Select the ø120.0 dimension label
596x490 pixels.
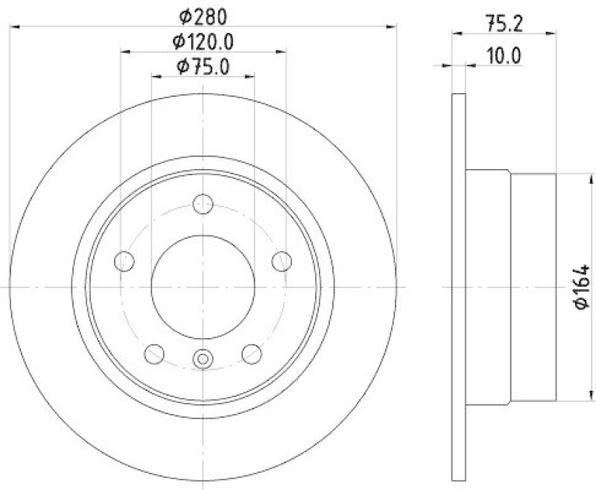pos(203,41)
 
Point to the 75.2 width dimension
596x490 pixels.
pos(504,22)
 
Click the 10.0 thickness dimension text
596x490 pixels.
pos(504,56)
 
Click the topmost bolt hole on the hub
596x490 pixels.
pos(203,203)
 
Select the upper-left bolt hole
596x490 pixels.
pos(124,261)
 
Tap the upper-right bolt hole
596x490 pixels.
pos(282,261)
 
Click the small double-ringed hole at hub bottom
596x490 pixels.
pos(203,360)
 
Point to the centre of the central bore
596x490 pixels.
pos(203,287)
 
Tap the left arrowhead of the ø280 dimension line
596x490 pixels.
pos(15,26)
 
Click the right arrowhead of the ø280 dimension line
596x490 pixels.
pos(391,26)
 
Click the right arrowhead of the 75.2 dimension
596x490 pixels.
pos(552,33)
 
